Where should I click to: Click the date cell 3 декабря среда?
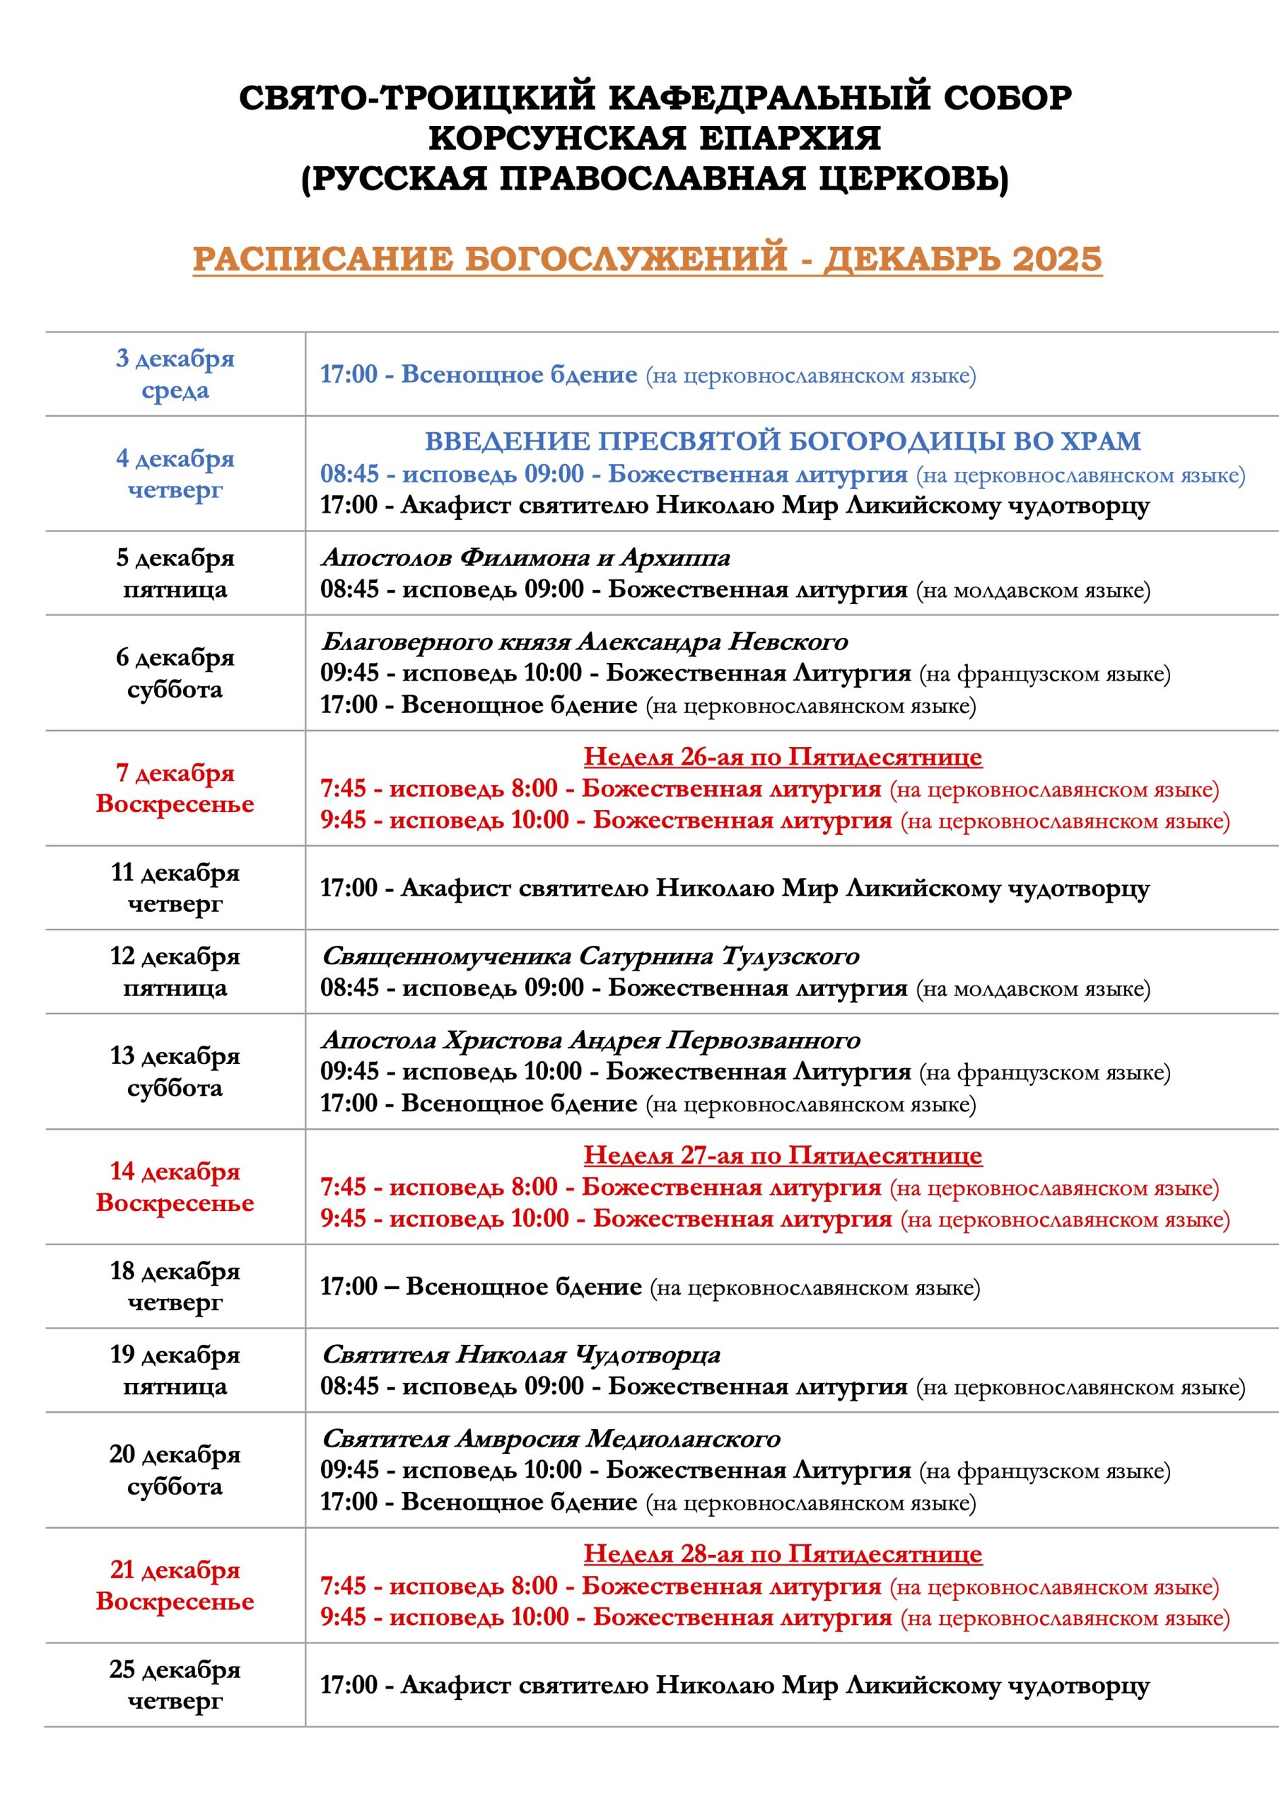[175, 374]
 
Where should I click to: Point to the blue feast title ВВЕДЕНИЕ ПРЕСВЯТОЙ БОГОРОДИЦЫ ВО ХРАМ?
[782, 441]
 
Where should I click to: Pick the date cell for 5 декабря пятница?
[175, 574]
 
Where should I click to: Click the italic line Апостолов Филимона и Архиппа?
[525, 557]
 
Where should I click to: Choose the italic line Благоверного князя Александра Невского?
[584, 641]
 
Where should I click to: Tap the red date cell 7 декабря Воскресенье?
[175, 788]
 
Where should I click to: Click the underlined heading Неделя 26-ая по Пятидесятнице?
[782, 756]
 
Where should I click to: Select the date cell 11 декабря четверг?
[175, 887]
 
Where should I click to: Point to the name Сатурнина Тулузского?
[718, 956]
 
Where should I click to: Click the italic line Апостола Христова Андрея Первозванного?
[590, 1040]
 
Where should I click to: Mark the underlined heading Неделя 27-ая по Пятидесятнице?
[782, 1155]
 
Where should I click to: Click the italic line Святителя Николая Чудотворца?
[520, 1354]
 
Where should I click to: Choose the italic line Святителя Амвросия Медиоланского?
[550, 1438]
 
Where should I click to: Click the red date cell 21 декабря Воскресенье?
[175, 1585]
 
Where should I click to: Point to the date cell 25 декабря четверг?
[175, 1685]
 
